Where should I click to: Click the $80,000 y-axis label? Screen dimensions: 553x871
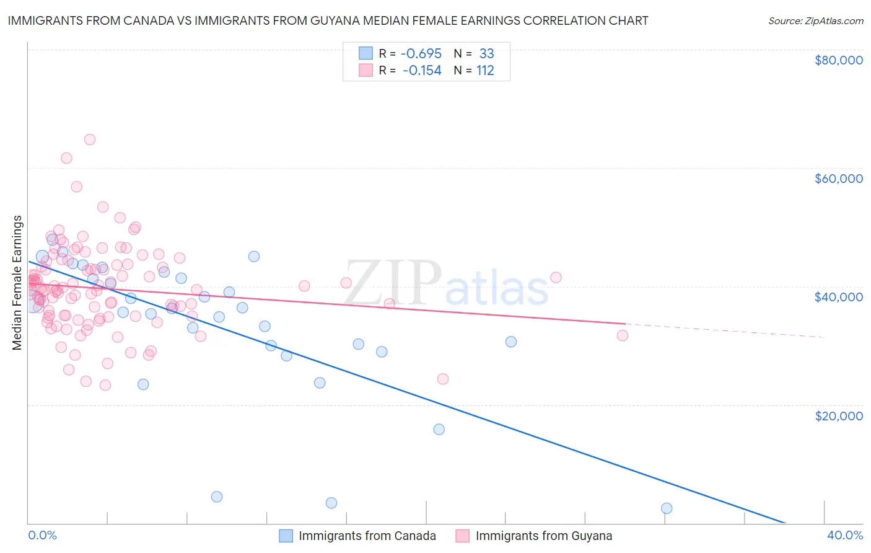click(x=838, y=60)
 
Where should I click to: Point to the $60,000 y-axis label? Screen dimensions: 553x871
click(x=838, y=179)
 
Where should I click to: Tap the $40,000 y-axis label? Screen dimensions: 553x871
click(x=838, y=297)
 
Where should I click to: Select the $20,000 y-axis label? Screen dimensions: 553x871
click(x=838, y=415)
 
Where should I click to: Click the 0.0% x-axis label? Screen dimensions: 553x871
click(x=43, y=535)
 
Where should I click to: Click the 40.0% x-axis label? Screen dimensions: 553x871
click(x=844, y=535)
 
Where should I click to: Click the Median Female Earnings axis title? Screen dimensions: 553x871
click(x=17, y=283)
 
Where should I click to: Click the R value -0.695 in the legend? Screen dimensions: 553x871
click(x=421, y=54)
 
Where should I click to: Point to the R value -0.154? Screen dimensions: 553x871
click(x=421, y=71)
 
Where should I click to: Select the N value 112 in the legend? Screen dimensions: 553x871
click(x=485, y=71)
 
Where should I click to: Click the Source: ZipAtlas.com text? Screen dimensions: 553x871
click(x=815, y=20)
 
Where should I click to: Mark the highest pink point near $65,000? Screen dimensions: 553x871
click(x=90, y=139)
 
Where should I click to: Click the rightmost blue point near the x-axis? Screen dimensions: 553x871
click(x=667, y=508)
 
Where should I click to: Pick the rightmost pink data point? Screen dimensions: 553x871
click(x=623, y=335)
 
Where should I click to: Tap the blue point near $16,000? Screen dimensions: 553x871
click(x=439, y=429)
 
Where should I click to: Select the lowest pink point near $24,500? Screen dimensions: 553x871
click(x=442, y=379)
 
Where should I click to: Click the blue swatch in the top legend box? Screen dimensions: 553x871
click(x=365, y=54)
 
